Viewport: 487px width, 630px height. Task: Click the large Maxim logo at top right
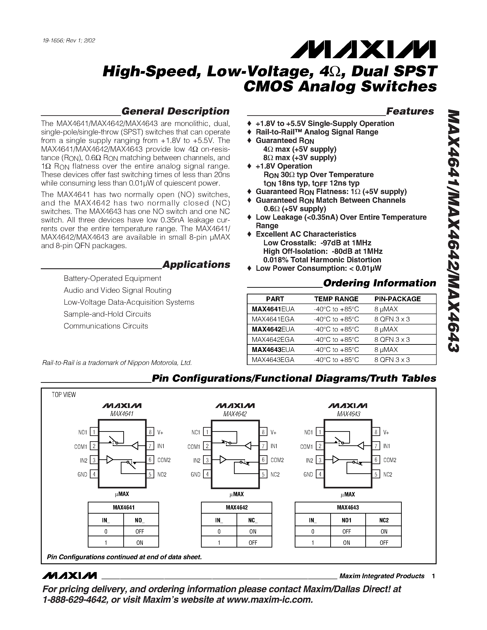pos(363,50)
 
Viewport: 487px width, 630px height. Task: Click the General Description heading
pos(175,111)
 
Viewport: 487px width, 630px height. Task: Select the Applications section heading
pos(196,265)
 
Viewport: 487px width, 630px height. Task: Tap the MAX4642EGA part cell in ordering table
pos(273,340)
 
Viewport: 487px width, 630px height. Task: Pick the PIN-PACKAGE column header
pos(397,299)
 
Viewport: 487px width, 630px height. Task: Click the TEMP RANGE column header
pos(336,299)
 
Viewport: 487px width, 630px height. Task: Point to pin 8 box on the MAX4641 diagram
pos(150,432)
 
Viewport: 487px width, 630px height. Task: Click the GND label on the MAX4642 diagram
pos(195,474)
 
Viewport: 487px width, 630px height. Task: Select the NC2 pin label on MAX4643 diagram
pos(388,474)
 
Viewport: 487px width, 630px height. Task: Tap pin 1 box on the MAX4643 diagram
pos(320,432)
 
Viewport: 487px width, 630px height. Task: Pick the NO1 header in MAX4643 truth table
pos(347,520)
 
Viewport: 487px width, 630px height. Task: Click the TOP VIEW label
pos(64,395)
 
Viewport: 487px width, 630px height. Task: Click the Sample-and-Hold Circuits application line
pos(107,314)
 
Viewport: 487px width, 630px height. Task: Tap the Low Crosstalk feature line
pos(317,243)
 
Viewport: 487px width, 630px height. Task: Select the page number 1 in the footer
pos(433,576)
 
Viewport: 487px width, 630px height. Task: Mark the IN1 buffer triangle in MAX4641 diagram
pos(135,446)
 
